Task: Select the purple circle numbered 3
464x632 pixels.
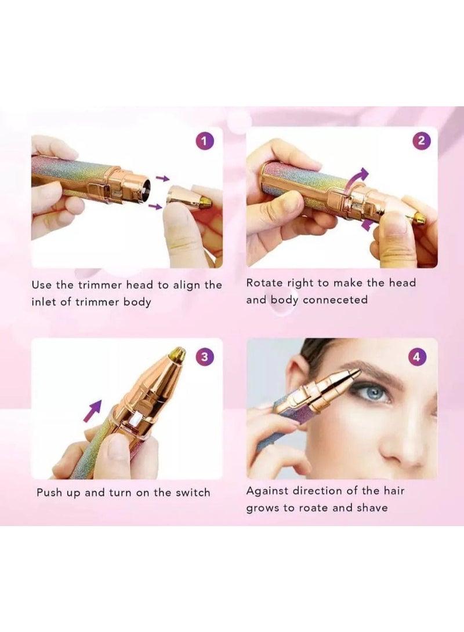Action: [204, 357]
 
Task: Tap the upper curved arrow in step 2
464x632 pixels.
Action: [358, 176]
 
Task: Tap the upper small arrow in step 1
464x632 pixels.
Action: [164, 179]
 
